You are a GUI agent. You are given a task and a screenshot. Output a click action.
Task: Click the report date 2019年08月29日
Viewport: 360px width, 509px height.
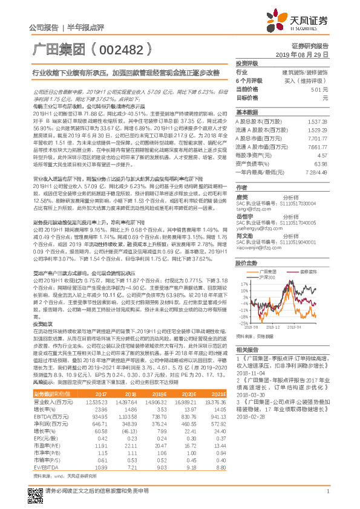pyautogui.click(x=310, y=54)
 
